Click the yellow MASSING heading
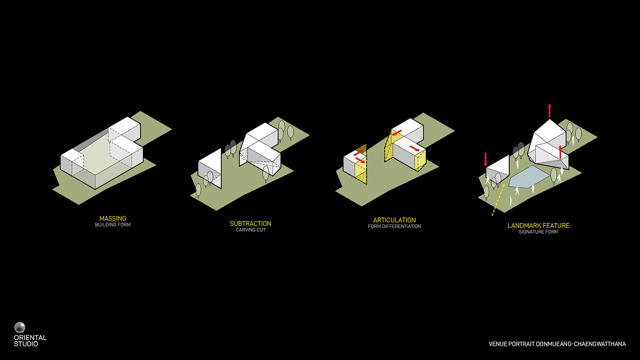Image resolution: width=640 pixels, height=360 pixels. coord(113,218)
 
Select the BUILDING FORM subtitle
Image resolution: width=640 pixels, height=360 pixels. coord(113,225)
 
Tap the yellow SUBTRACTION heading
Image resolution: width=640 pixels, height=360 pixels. coord(251,224)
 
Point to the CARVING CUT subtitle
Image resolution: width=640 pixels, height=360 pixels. coord(251,230)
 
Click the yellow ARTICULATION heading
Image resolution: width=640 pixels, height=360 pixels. coord(394,220)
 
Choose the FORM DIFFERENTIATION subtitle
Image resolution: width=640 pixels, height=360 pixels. coord(394,226)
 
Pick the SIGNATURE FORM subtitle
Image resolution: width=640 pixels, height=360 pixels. coord(538,232)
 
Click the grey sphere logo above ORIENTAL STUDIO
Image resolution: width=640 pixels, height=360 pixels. coord(20,327)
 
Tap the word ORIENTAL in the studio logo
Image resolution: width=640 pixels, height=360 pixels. coord(30,338)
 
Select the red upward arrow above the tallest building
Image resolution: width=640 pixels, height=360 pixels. coord(550,111)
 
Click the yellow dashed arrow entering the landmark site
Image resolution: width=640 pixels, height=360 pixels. coord(498,200)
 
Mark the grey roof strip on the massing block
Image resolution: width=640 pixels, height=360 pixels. coord(91,140)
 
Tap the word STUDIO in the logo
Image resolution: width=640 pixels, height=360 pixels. coord(26,344)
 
